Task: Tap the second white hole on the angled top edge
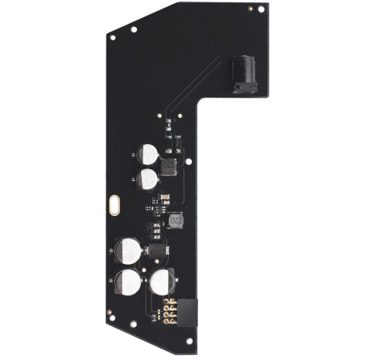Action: coord(133,29)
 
